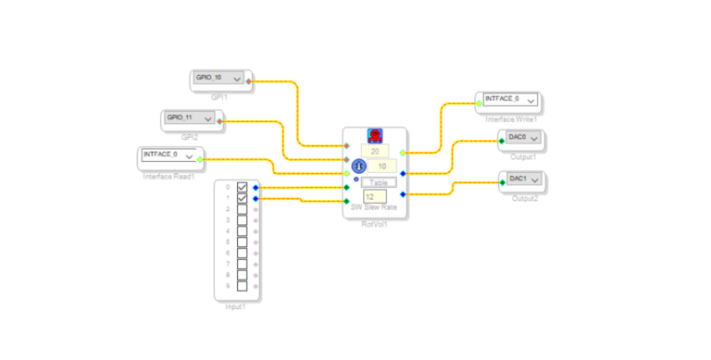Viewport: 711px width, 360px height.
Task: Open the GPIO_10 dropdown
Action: coord(219,79)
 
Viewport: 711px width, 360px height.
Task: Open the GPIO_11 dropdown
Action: coord(190,118)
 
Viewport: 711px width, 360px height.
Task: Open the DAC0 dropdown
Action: coord(525,138)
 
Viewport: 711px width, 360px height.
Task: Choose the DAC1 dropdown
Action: coord(525,179)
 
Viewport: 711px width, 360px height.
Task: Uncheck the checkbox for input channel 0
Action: coord(243,187)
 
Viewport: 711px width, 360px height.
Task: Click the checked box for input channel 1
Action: coord(243,198)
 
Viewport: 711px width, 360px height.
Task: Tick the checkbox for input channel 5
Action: coord(243,242)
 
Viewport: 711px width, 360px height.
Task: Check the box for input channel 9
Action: coord(243,286)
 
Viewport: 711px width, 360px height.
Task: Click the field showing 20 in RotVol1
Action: coord(375,151)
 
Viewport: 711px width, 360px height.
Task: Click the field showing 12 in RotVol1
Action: coord(374,196)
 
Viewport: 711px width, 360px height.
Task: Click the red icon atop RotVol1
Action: coord(375,135)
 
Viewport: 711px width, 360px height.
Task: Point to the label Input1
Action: coord(236,306)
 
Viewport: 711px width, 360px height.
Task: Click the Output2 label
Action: coord(525,198)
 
